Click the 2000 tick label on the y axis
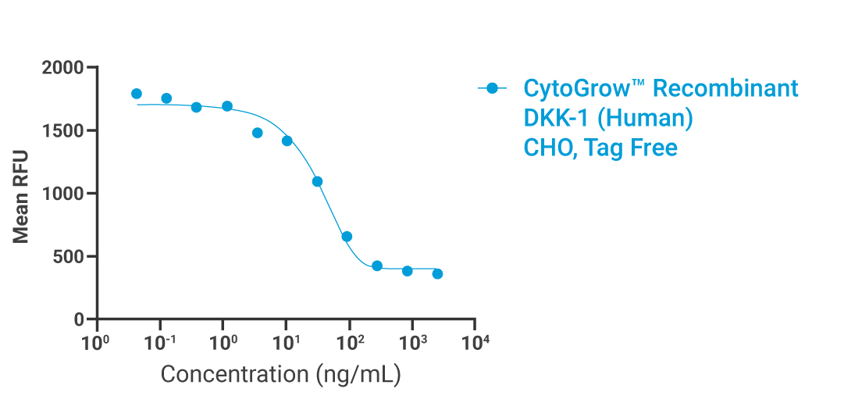point(62,68)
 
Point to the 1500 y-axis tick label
point(62,131)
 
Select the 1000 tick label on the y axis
point(62,194)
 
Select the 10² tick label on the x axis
point(349,342)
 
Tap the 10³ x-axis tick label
point(412,342)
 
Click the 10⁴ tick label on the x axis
point(476,342)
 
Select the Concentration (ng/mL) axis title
point(280,374)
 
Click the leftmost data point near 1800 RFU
point(137,94)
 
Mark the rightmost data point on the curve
point(437,273)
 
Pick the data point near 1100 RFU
point(317,181)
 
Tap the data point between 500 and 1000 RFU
point(347,236)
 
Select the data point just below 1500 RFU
point(258,133)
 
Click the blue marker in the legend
point(492,88)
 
